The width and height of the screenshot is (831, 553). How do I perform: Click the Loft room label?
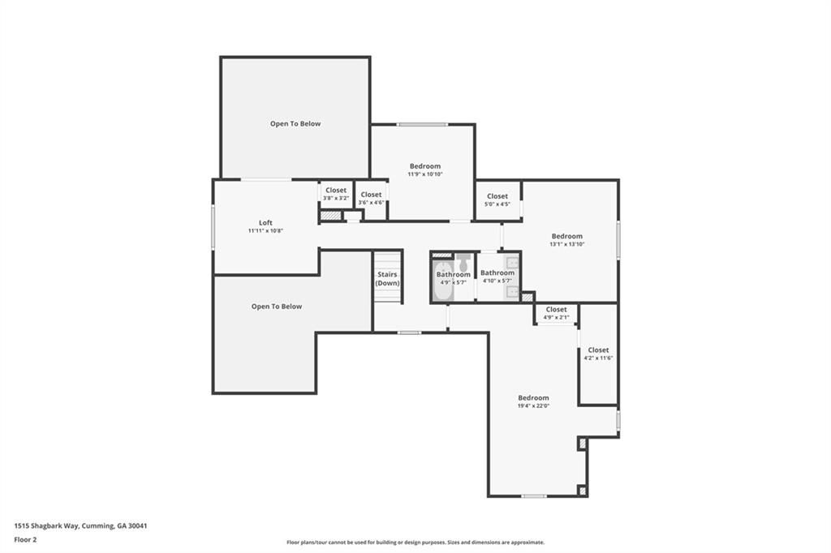tap(265, 223)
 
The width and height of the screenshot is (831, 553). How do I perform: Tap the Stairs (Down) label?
tap(387, 279)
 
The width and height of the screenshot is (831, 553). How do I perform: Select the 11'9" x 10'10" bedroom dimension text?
tap(425, 174)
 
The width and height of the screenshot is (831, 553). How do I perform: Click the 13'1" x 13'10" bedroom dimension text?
tap(567, 245)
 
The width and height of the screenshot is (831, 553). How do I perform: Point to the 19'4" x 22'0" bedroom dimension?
tap(534, 406)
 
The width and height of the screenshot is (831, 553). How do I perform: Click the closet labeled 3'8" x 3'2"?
tap(336, 194)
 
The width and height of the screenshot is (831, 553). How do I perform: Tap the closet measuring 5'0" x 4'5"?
tap(497, 199)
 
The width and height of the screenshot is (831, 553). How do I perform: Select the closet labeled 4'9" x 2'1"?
tap(556, 313)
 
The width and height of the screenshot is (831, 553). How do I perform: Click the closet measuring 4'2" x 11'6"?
tap(598, 354)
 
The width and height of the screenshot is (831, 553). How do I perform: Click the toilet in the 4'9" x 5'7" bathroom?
tap(463, 262)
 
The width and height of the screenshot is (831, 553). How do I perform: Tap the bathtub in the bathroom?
tap(442, 281)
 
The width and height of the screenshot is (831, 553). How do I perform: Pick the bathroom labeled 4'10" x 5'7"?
tap(497, 276)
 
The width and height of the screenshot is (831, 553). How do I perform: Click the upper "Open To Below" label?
tap(295, 124)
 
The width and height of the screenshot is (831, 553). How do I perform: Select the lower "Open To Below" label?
tap(277, 307)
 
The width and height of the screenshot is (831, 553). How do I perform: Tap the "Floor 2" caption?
tap(25, 540)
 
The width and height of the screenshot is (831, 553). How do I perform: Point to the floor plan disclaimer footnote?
tap(415, 542)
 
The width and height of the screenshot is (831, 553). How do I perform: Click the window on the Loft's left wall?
tap(213, 227)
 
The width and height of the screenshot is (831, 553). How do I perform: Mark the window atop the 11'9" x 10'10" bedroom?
tap(422, 125)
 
